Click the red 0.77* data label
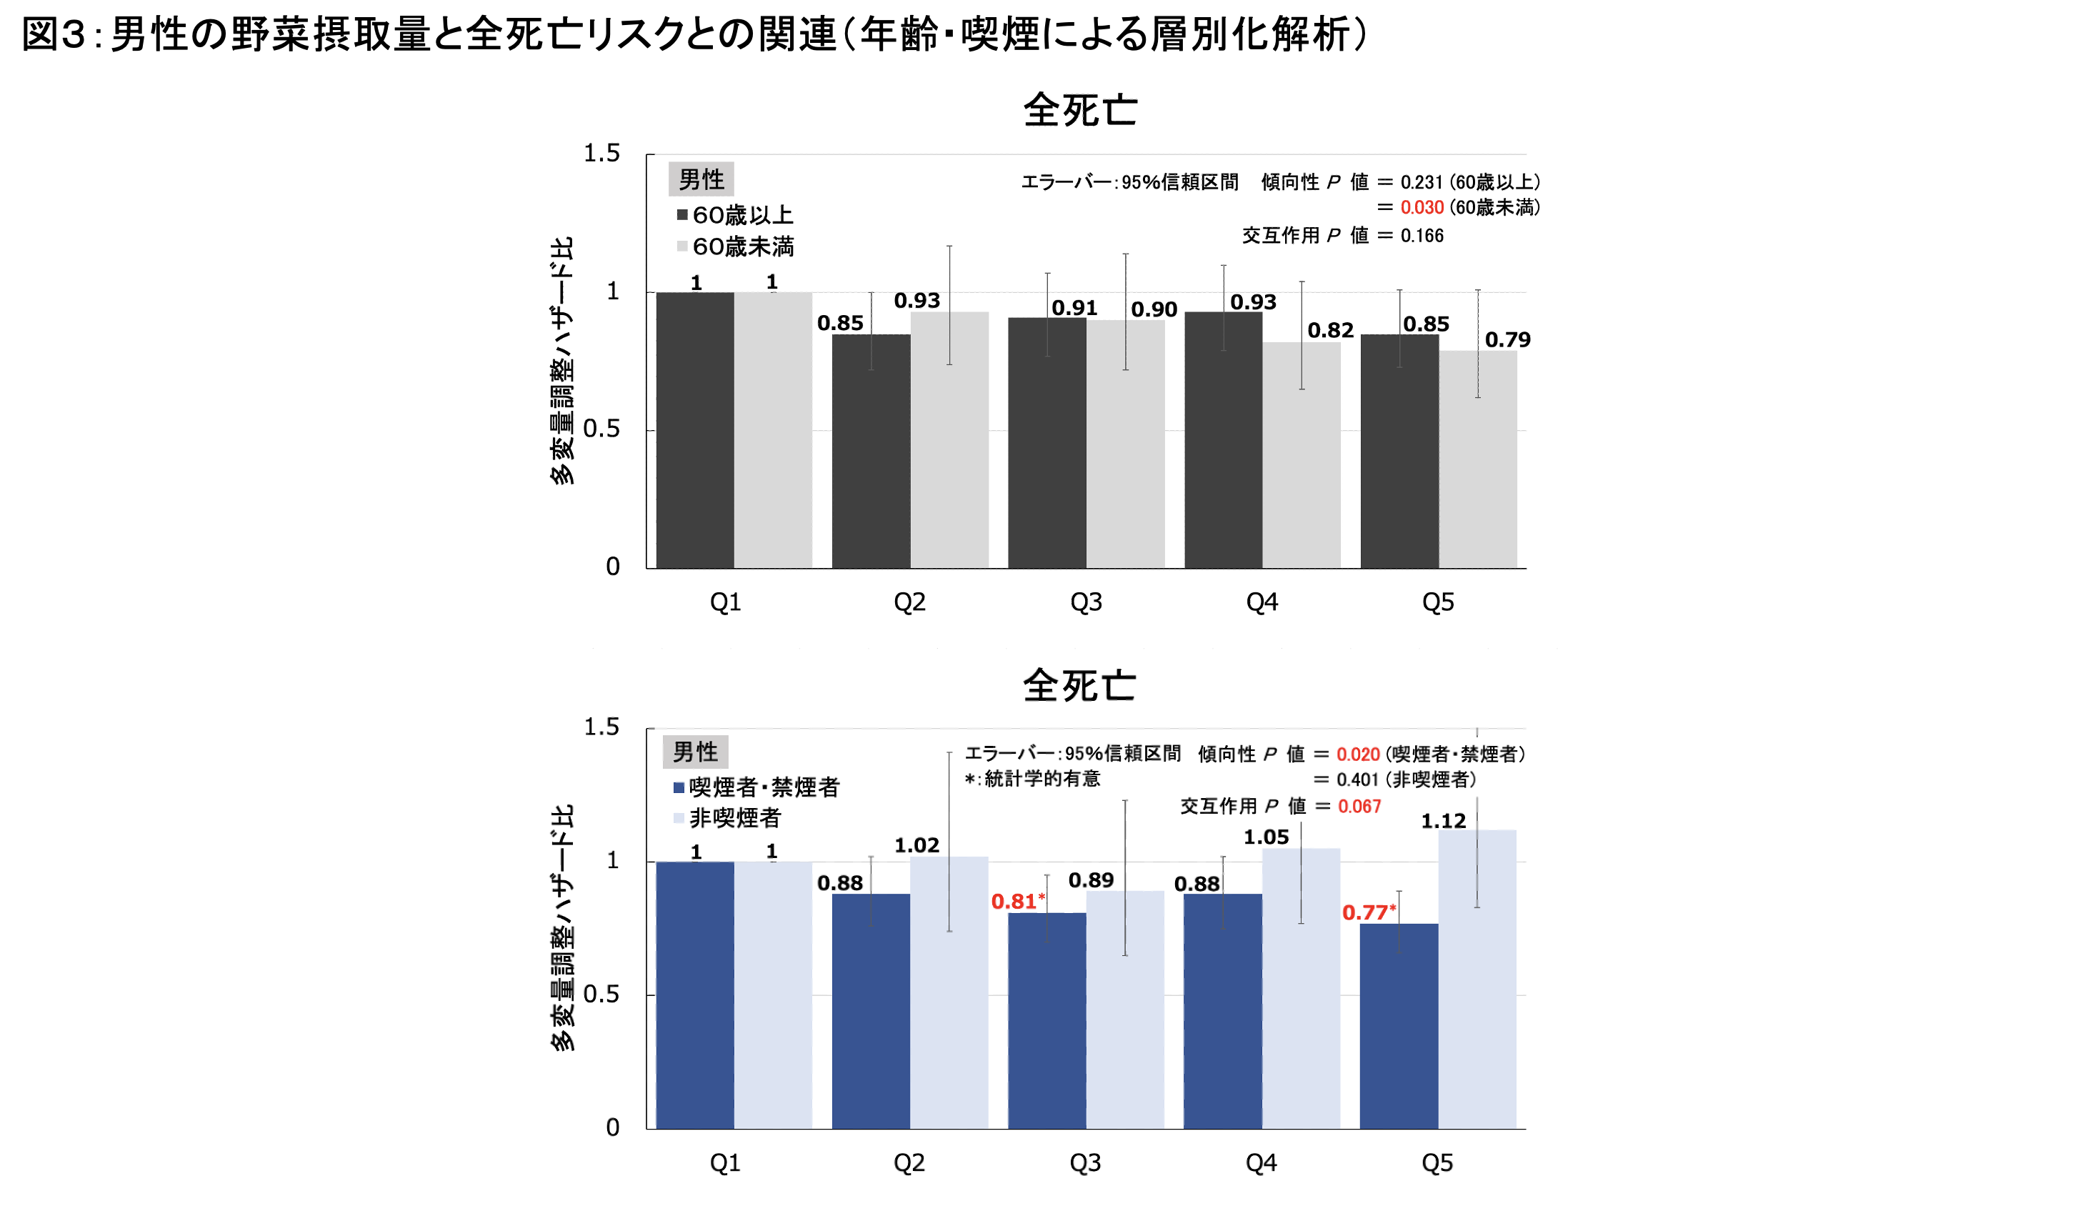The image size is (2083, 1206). tap(1368, 912)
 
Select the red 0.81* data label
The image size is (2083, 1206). tap(1017, 901)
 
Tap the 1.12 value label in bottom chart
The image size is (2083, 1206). tap(1443, 821)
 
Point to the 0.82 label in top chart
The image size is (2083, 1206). tap(1330, 331)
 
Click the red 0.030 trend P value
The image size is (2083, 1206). tap(1422, 207)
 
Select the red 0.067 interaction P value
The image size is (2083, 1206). tap(1359, 806)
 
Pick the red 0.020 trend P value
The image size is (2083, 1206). tap(1358, 754)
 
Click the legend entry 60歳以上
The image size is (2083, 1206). tap(735, 216)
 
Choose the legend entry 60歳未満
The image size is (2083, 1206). tap(735, 246)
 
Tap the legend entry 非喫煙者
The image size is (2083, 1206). tap(727, 817)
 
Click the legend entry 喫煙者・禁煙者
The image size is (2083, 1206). tap(756, 787)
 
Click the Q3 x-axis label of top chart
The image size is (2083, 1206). tap(1086, 602)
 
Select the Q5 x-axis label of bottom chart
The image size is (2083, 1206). tap(1437, 1163)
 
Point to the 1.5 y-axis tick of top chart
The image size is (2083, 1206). tap(601, 154)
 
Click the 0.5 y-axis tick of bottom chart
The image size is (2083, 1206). tap(601, 994)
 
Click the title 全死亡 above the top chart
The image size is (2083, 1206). tap(1079, 110)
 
